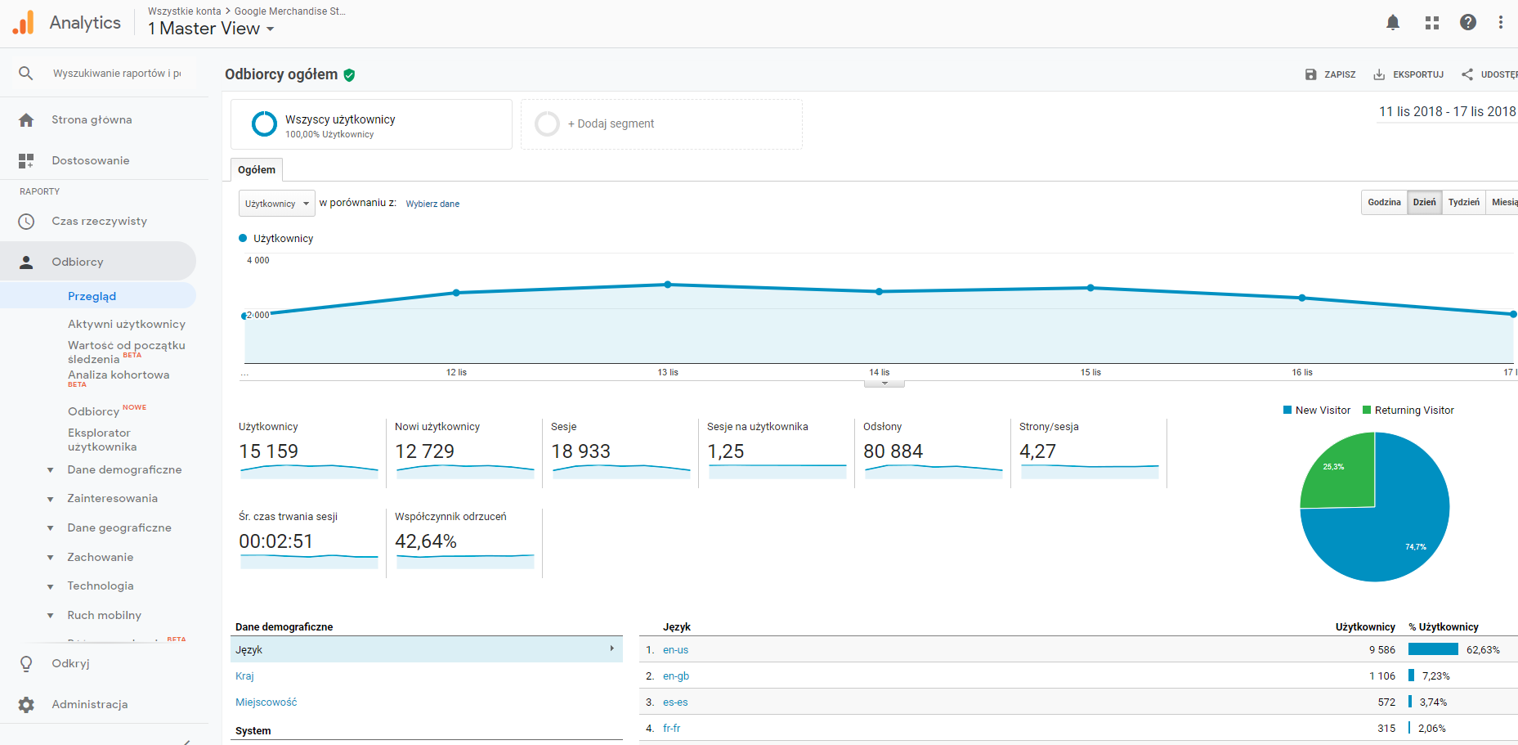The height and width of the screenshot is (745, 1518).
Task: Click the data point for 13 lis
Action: (x=668, y=285)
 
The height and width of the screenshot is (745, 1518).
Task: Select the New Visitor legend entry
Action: (x=1316, y=411)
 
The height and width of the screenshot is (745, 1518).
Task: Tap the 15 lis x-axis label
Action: (x=1090, y=372)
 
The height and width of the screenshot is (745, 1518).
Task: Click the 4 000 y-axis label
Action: (x=258, y=260)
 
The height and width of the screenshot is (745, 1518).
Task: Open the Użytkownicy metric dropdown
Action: (x=276, y=204)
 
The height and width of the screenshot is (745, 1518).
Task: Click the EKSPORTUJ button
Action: (x=1408, y=74)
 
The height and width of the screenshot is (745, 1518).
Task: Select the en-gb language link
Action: (x=676, y=676)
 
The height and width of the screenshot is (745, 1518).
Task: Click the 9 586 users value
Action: (x=1382, y=650)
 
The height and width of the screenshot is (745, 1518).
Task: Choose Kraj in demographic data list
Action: (x=244, y=676)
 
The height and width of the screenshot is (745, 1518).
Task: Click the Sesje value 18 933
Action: (x=580, y=451)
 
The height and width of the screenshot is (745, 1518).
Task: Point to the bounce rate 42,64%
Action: (x=426, y=541)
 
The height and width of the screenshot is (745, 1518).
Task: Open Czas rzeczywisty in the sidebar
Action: (x=99, y=221)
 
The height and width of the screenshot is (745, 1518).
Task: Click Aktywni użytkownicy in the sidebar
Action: (x=126, y=324)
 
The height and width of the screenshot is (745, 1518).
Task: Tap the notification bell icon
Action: (x=1393, y=23)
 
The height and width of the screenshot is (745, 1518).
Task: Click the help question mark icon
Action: (x=1468, y=23)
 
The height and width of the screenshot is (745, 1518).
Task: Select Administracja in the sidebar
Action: (x=89, y=704)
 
